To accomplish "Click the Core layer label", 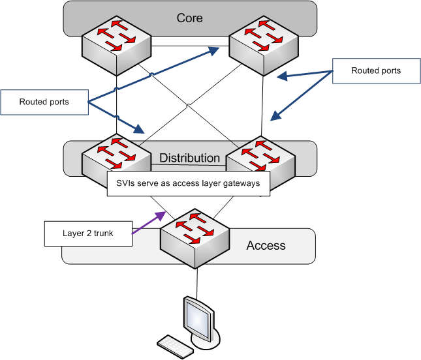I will tap(189, 18).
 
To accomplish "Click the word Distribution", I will tap(190, 158).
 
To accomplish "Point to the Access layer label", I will tap(266, 245).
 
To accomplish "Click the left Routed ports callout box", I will tap(44, 102).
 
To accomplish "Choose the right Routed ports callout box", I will tap(376, 70).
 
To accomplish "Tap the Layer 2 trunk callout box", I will tap(88, 233).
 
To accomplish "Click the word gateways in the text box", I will tap(242, 183).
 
